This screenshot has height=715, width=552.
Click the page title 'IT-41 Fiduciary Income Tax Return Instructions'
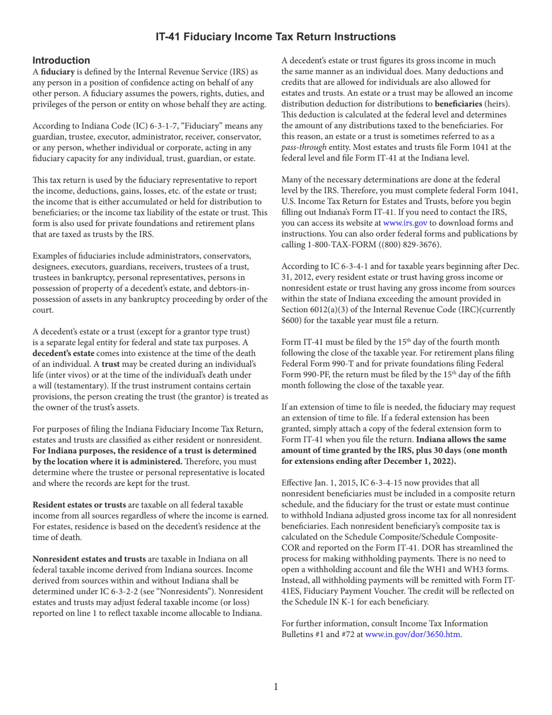coord(276,37)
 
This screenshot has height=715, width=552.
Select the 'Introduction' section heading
coord(61,60)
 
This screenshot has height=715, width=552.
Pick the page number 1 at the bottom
coord(276,687)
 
